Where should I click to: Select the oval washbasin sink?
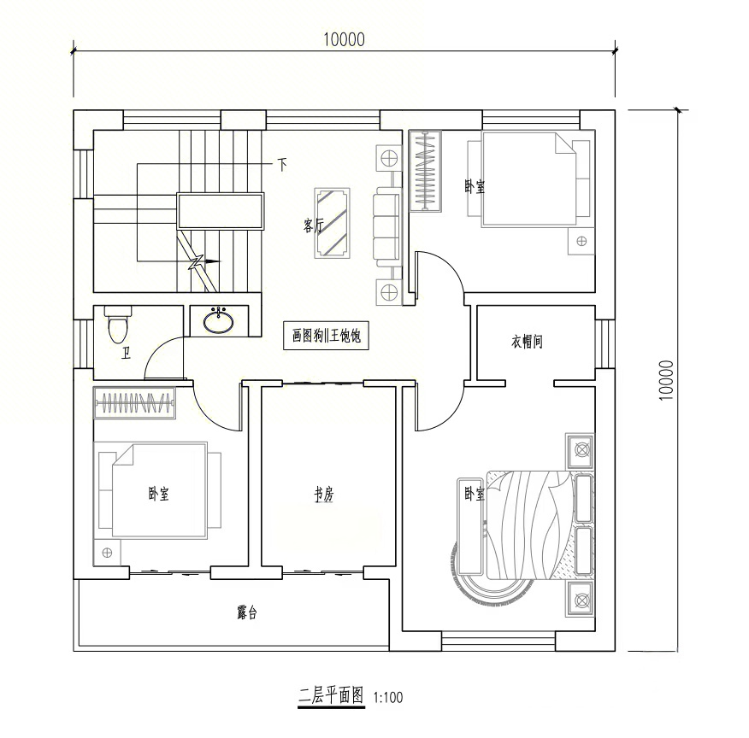point(219,321)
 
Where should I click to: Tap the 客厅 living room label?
point(314,225)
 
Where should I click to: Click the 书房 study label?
point(324,495)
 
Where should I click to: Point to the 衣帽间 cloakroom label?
point(527,342)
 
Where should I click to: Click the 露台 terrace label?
point(247,612)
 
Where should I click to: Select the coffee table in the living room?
point(333,223)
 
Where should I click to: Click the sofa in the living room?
point(386,226)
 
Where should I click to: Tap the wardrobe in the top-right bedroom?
point(425,170)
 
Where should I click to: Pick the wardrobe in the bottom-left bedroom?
point(134,403)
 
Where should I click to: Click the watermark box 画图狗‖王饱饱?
point(327,336)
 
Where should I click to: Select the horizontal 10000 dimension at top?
point(344,39)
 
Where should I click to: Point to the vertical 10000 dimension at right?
point(666,380)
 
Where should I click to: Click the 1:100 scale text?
point(388,698)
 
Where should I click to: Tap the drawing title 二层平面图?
point(331,695)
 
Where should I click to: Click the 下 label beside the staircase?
point(282,165)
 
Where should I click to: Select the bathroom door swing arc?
point(158,349)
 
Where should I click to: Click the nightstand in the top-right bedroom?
point(581,241)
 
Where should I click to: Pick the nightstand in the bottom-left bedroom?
point(107,553)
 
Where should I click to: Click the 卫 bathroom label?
point(126,354)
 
